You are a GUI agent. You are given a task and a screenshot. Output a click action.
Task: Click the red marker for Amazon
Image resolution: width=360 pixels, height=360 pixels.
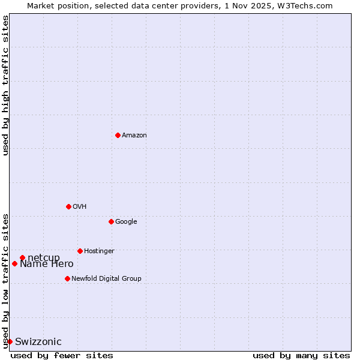tap(118, 135)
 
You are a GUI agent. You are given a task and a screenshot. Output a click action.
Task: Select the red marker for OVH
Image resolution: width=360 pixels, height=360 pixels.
tap(68, 206)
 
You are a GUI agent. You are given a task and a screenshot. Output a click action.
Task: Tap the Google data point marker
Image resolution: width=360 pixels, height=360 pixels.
tap(111, 221)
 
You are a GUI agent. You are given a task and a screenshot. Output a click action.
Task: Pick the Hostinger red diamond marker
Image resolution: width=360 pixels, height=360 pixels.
tap(80, 251)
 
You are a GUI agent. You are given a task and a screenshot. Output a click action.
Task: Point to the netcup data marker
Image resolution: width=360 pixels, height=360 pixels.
tap(22, 258)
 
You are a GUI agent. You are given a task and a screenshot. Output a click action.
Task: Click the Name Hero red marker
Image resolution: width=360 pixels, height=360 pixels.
tap(14, 263)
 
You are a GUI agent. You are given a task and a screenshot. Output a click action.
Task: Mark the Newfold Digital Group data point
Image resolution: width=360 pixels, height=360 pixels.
tap(67, 278)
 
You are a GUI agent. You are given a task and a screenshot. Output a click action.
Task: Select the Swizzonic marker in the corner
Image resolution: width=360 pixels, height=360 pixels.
tap(10, 341)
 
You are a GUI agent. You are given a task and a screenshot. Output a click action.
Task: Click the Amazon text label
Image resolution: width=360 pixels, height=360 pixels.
tap(134, 136)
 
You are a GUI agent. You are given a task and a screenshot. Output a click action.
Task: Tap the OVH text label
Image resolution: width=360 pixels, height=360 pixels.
tap(80, 207)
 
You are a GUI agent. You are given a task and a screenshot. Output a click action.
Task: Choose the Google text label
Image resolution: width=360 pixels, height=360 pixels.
tap(126, 222)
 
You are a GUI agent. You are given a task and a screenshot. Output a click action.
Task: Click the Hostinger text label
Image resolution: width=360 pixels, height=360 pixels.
tap(99, 251)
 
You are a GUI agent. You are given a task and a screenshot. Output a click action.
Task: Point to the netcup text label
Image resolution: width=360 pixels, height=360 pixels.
tap(44, 258)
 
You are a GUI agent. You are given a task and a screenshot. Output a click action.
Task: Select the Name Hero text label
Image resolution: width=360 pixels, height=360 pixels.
tap(47, 264)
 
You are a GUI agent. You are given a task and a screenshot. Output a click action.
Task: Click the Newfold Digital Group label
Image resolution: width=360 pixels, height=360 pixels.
tap(106, 279)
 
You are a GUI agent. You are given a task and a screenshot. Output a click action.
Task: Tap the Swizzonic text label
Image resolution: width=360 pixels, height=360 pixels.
tap(38, 342)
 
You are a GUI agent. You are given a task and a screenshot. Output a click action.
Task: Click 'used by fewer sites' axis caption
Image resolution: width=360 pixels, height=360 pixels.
tap(62, 355)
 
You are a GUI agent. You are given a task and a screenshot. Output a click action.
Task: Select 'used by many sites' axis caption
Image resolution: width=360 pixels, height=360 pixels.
tap(301, 355)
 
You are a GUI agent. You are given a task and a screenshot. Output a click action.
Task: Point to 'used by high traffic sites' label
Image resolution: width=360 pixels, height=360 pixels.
tap(5, 85)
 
